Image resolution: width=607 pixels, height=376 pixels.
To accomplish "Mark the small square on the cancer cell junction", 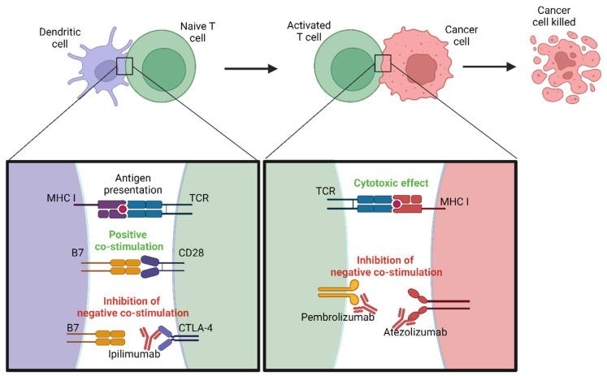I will click(x=383, y=63).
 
